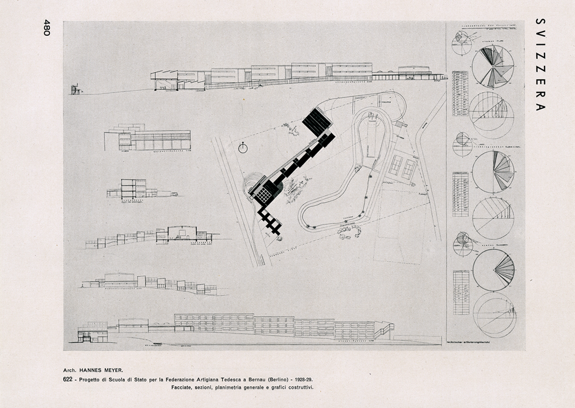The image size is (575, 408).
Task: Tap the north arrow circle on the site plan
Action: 243,148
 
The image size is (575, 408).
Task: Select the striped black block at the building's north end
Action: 317,123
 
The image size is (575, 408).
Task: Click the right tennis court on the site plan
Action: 408,169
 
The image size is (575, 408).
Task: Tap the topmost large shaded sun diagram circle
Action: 492,66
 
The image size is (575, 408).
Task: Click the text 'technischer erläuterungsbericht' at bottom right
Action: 467,342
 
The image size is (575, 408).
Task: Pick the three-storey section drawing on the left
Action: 133,188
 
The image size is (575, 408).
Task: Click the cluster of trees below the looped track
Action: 349,232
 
